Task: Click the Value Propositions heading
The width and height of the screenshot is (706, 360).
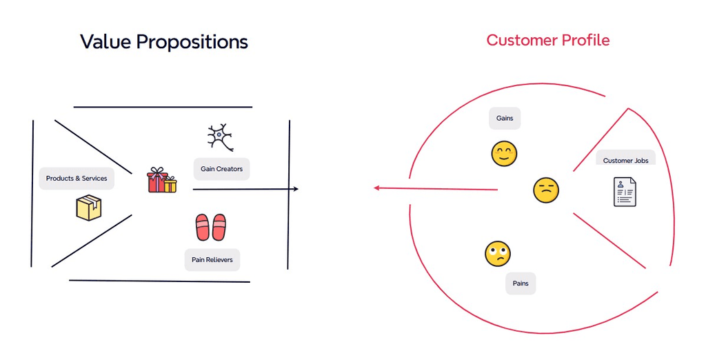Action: (164, 41)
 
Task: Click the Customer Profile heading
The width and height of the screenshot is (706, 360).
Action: (548, 40)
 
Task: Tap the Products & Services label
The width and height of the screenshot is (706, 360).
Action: (77, 179)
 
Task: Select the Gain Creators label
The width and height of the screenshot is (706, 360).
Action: (221, 169)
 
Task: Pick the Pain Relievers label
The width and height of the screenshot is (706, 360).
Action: (212, 260)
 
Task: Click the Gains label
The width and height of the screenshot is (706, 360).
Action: (505, 119)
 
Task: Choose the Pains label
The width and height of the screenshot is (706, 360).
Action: (521, 283)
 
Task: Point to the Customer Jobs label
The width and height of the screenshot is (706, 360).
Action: (625, 161)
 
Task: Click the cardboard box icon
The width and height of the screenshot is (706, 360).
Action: (89, 208)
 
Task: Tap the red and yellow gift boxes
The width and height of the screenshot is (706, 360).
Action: (161, 181)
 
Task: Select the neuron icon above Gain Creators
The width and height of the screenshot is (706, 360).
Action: (220, 137)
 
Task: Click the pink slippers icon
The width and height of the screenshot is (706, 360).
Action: (211, 227)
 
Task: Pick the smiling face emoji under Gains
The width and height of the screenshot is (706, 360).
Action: (504, 154)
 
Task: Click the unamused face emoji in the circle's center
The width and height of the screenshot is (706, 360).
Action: (545, 190)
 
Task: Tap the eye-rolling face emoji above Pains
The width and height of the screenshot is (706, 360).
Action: (497, 254)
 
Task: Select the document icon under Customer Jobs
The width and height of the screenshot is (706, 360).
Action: (625, 192)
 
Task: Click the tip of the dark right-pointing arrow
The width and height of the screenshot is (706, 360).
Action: (297, 189)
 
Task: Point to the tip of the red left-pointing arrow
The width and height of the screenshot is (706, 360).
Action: (374, 188)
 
